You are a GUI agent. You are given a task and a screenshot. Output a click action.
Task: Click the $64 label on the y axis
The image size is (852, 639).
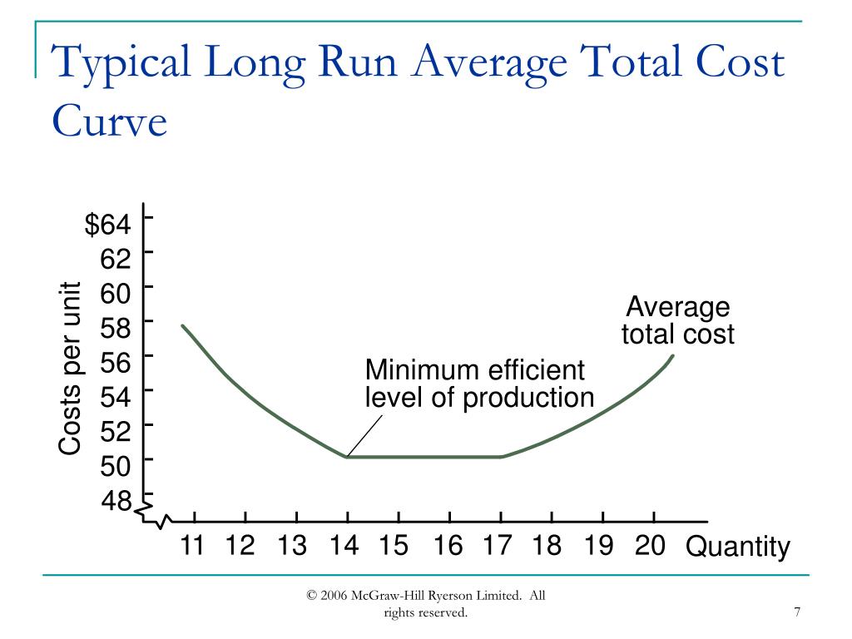[x=108, y=225]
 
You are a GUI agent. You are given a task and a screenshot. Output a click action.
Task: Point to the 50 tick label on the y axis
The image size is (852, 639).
[x=116, y=467]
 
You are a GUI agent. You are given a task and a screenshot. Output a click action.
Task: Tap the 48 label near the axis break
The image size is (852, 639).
[x=116, y=502]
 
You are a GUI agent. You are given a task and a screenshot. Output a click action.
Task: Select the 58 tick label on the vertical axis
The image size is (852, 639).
[x=116, y=329]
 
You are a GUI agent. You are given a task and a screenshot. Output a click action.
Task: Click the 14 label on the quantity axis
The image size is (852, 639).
[x=344, y=546]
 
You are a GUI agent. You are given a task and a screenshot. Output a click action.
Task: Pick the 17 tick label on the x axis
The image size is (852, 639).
[x=497, y=546]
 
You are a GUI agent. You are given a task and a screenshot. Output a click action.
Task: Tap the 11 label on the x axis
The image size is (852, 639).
[x=192, y=546]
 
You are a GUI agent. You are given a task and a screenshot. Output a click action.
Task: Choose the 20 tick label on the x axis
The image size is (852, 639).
[x=649, y=546]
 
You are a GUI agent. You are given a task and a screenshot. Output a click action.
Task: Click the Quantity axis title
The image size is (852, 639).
[x=737, y=547]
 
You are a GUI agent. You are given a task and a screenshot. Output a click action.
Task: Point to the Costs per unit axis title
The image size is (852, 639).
[x=70, y=369]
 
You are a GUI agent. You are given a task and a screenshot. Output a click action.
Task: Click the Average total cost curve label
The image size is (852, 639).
[x=677, y=320]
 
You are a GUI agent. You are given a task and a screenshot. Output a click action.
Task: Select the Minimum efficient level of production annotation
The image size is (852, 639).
[x=478, y=384]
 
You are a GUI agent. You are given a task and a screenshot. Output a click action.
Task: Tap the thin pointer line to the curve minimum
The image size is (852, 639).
[x=365, y=435]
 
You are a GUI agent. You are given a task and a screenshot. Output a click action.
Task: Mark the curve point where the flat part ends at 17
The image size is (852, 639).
[x=502, y=457]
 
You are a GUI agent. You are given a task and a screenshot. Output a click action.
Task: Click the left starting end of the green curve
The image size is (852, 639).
[x=182, y=325]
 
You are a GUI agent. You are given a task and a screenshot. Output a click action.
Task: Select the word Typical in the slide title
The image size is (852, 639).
[x=120, y=65]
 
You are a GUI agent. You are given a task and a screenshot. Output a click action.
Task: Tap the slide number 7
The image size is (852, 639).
[x=797, y=613]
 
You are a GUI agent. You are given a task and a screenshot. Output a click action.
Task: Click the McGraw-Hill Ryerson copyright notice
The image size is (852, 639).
[x=425, y=604]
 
